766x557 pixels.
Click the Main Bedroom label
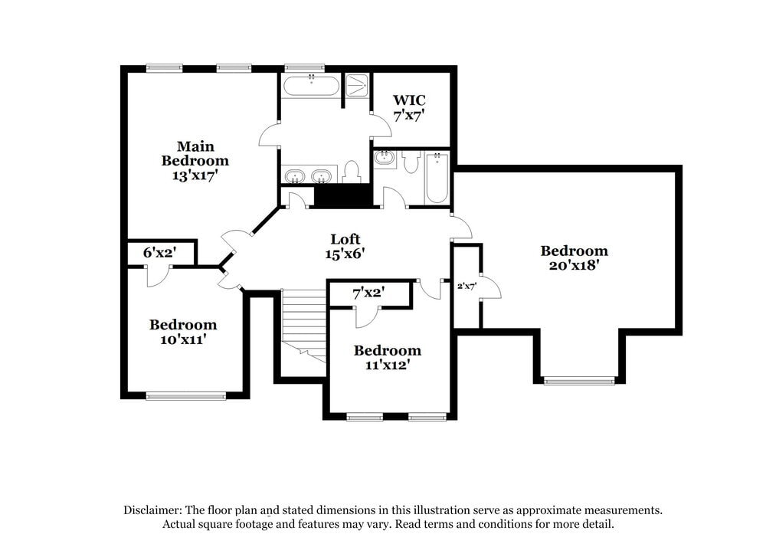(195, 153)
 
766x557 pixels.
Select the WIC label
(409, 100)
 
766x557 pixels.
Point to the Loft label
(345, 239)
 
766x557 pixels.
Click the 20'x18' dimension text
(574, 265)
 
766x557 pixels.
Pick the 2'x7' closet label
(466, 286)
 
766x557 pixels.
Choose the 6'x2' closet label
(160, 252)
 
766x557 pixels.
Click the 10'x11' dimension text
(182, 339)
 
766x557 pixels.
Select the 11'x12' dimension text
(387, 365)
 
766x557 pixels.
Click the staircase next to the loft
(303, 322)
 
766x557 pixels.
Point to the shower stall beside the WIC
(356, 84)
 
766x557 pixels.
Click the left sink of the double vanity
(295, 176)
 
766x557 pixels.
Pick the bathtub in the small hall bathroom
(437, 178)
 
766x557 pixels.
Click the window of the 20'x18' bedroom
(579, 380)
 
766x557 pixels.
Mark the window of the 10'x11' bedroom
(186, 396)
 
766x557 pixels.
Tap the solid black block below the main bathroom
(343, 196)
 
